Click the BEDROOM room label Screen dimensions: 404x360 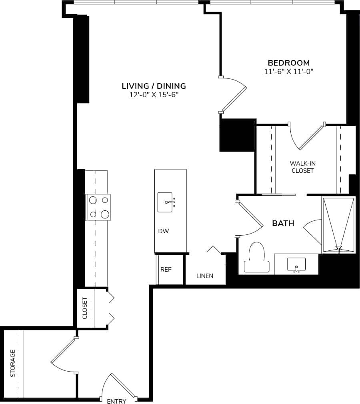coord(288,63)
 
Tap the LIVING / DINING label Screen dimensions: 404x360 coord(154,86)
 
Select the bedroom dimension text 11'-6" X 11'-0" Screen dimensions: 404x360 coord(288,72)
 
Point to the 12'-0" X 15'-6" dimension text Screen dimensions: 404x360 coord(154,95)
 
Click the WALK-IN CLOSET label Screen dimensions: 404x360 coord(302,167)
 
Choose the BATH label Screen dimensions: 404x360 coord(283,223)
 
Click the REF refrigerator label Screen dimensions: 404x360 coord(166,270)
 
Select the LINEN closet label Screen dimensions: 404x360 coord(205,276)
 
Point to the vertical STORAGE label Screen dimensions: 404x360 coord(13,363)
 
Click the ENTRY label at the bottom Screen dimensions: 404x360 coord(117,401)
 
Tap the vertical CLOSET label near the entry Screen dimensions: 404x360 coord(85,308)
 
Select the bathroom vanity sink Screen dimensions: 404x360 coord(296,264)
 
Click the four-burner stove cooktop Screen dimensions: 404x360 coord(98,207)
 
